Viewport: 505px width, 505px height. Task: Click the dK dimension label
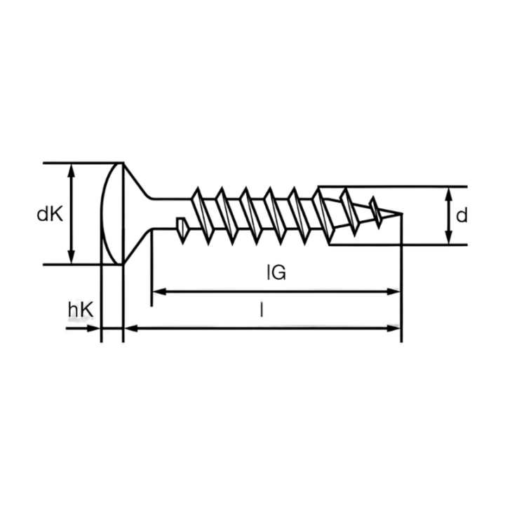(x=50, y=214)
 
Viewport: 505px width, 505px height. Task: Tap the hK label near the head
(x=81, y=309)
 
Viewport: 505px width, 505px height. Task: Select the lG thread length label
(x=276, y=272)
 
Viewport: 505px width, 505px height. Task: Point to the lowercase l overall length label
(x=262, y=310)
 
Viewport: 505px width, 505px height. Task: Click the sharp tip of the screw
(x=402, y=213)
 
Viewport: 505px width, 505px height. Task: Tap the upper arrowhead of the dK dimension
(x=72, y=170)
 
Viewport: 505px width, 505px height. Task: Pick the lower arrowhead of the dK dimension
(x=72, y=257)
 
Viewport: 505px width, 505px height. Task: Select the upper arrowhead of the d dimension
(x=449, y=194)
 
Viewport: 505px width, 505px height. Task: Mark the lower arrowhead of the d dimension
(x=449, y=237)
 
